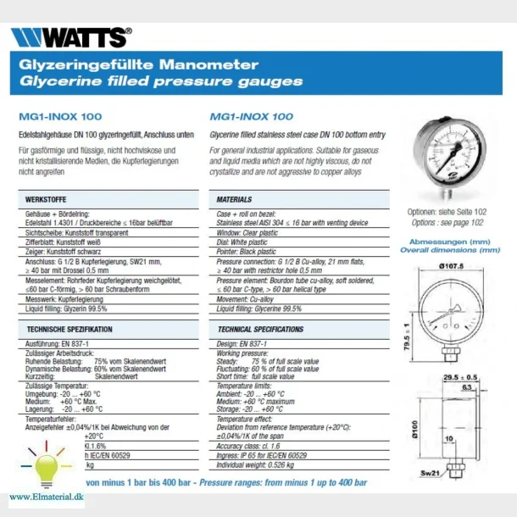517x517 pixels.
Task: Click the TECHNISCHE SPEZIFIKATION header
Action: (x=69, y=328)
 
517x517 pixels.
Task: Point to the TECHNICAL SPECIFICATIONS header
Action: (x=260, y=328)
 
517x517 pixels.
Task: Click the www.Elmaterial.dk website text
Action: (x=47, y=497)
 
